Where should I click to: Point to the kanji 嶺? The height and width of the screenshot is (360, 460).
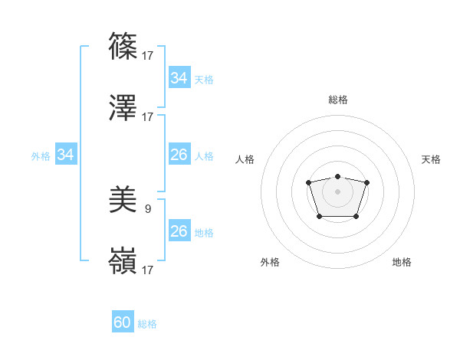(x=123, y=262)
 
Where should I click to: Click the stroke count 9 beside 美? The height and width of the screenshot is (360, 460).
(x=148, y=208)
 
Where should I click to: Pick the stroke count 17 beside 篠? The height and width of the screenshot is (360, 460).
(x=148, y=55)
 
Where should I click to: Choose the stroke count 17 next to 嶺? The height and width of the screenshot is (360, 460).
(x=148, y=270)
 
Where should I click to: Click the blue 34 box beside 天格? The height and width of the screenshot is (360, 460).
(x=179, y=78)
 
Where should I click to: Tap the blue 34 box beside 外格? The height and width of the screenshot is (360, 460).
(x=66, y=155)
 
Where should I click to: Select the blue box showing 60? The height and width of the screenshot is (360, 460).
(x=123, y=322)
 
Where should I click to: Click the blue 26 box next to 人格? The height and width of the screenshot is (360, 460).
(x=179, y=155)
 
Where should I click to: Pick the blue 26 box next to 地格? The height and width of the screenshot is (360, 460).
(x=179, y=231)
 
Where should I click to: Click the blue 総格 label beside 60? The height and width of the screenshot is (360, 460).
(x=147, y=324)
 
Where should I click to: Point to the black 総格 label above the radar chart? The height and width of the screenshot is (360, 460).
(x=337, y=100)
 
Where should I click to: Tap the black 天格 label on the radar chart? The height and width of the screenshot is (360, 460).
(x=431, y=159)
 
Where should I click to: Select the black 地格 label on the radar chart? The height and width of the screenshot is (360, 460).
(x=402, y=262)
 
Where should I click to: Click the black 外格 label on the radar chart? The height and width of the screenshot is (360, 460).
(x=270, y=262)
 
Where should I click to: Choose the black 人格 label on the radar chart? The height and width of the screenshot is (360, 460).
(x=245, y=159)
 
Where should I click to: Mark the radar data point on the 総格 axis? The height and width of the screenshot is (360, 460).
(x=337, y=177)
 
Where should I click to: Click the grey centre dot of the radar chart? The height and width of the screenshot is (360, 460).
(x=337, y=191)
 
